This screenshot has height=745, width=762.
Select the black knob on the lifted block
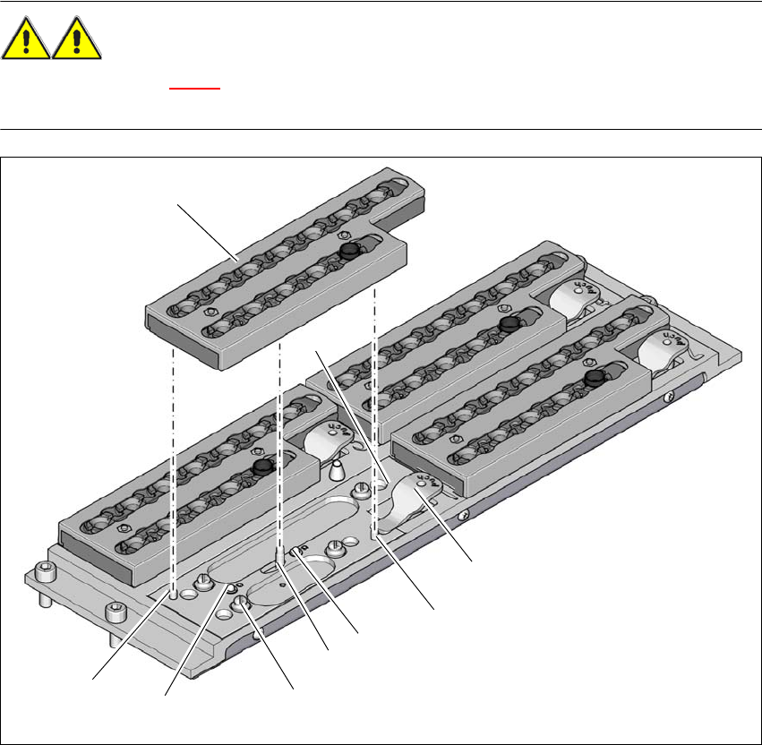click(349, 252)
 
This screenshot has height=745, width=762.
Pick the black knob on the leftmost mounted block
click(261, 467)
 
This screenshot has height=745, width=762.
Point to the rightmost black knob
click(591, 381)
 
